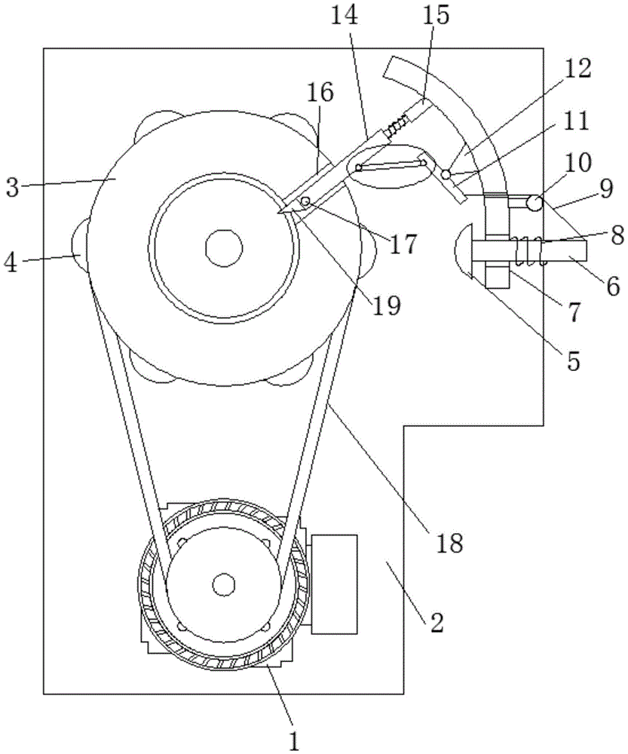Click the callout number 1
coord(294,739)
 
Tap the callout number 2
coord(436,622)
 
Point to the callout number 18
coord(449,542)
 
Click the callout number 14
coord(345,15)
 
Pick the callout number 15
coord(436,15)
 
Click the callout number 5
coord(573,360)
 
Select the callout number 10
coord(578,163)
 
